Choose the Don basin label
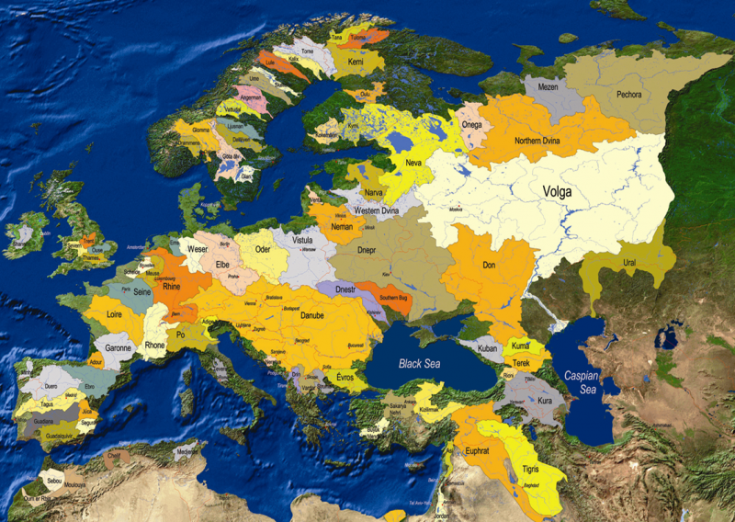tap(488, 266)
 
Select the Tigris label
tap(530, 469)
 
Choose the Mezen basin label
tap(547, 88)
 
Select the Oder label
tap(264, 248)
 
